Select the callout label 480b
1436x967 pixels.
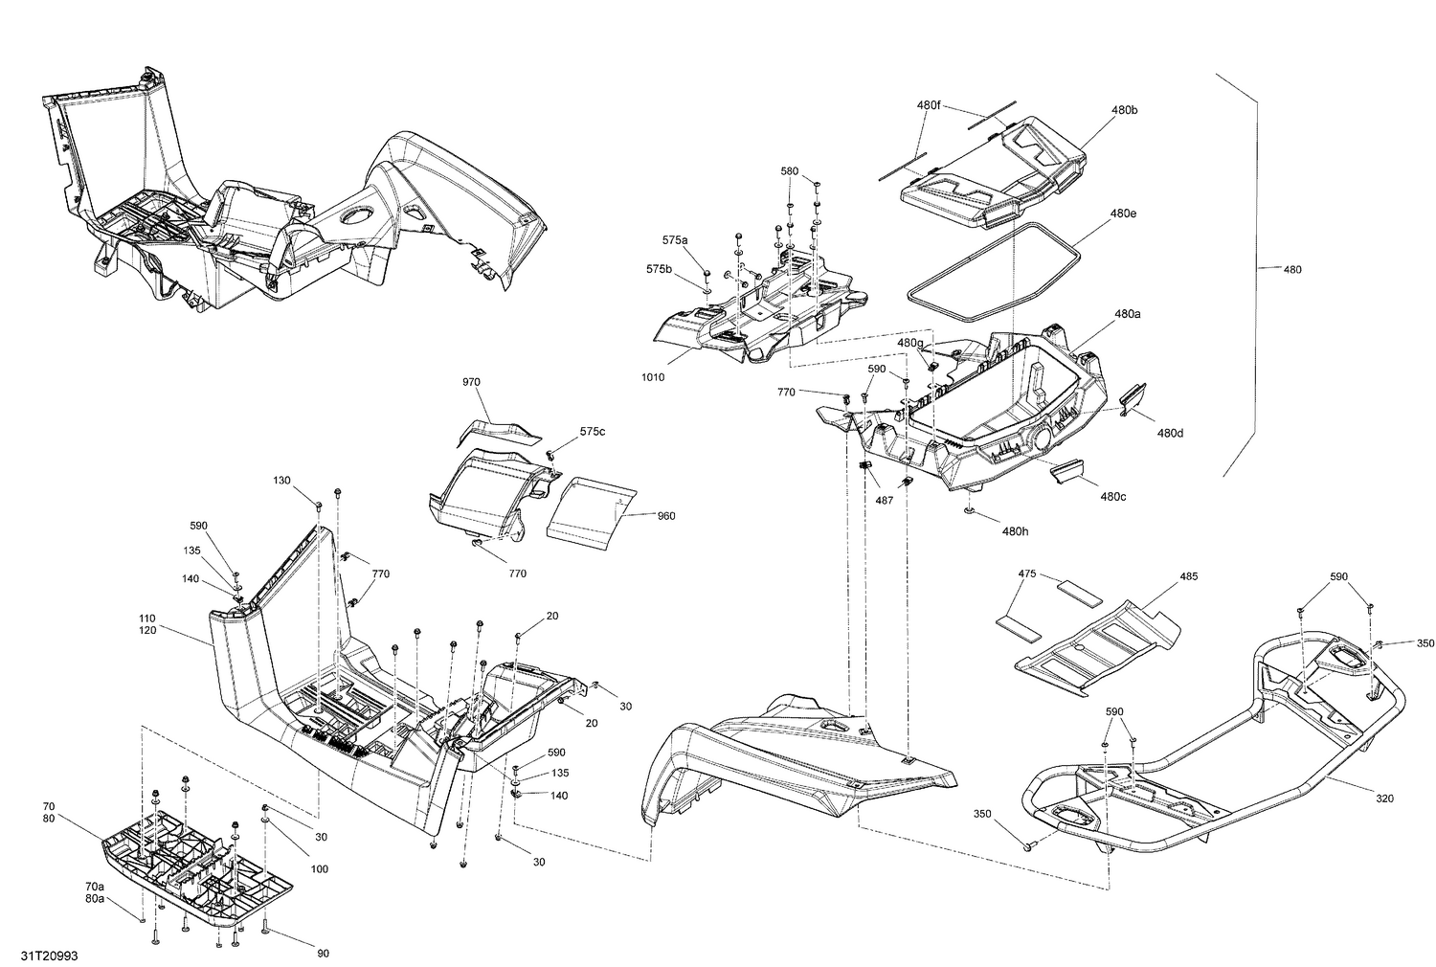1125,110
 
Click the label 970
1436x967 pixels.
471,382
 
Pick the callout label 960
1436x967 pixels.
665,516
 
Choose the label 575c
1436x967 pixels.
592,432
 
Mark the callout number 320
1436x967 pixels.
1384,798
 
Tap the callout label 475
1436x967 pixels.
1027,573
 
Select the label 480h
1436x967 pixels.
1015,531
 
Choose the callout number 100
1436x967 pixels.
319,869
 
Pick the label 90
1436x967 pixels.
323,953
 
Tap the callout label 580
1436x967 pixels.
789,170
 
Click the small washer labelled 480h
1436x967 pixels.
971,511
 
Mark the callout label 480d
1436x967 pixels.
1170,433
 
